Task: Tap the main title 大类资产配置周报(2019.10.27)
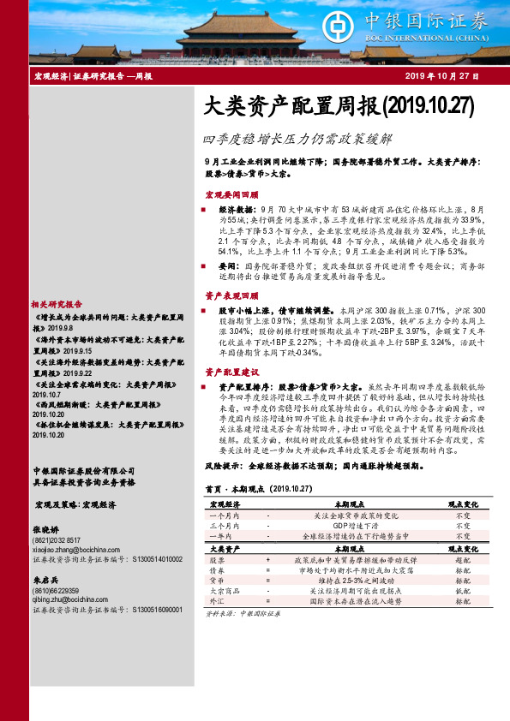(339, 106)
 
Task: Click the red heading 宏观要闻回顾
(231, 194)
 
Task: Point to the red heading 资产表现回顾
(231, 294)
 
